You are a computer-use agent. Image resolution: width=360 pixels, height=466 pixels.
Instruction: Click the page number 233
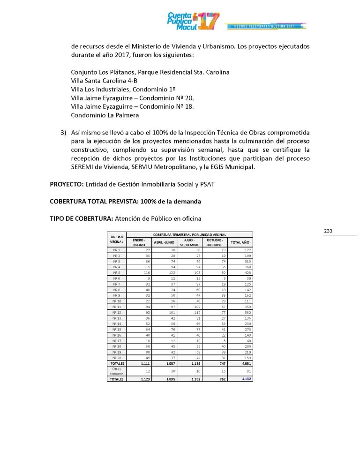[328, 231]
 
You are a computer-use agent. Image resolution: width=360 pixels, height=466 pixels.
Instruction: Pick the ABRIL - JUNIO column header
[164, 242]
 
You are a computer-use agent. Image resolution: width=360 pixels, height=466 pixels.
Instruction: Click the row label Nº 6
[117, 278]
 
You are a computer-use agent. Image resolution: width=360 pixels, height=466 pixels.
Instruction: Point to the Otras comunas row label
[117, 371]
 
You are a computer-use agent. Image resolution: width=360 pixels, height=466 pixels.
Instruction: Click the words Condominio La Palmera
[105, 115]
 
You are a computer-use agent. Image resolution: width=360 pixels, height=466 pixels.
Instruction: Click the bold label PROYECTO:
[67, 184]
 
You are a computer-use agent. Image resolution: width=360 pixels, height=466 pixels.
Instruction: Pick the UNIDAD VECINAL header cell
[117, 240]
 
